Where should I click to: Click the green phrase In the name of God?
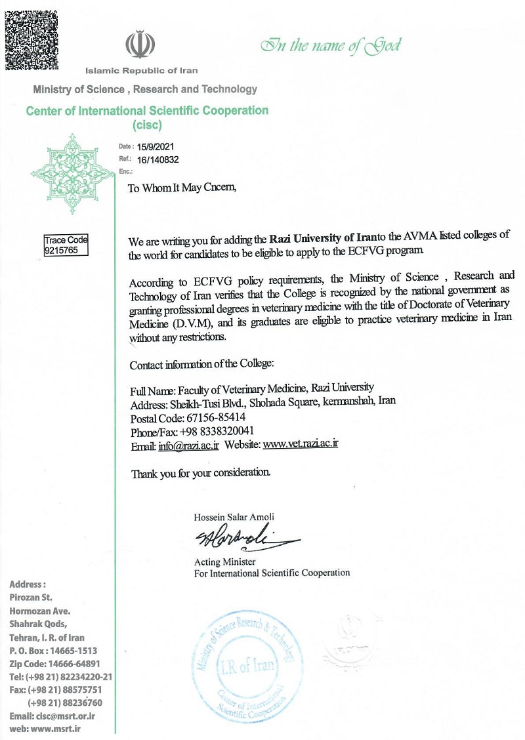tap(330, 45)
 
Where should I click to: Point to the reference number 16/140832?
tap(158, 159)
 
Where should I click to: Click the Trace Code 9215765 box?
tap(66, 245)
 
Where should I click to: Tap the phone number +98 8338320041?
tap(217, 430)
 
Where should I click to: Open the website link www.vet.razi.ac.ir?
tap(300, 444)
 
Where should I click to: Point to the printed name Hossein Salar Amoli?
tap(234, 517)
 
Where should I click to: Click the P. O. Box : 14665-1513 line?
tap(54, 650)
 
